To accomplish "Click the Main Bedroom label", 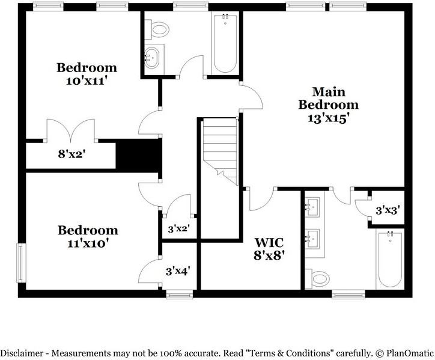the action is click(x=329, y=98).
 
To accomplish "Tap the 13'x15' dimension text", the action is click(x=328, y=118).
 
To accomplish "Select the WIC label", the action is click(x=269, y=242).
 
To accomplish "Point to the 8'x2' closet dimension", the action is click(x=71, y=154).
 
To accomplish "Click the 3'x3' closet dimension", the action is click(x=388, y=211).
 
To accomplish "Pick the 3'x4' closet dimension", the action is click(x=178, y=271).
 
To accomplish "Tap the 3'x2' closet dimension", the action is click(x=178, y=229).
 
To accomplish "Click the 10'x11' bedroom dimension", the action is click(x=87, y=81).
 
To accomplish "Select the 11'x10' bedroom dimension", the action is click(x=88, y=243).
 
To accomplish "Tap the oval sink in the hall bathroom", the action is click(x=152, y=58).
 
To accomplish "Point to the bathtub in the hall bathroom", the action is click(x=225, y=43).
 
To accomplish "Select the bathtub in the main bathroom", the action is click(x=390, y=259).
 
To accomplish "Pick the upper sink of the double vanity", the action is click(x=312, y=207).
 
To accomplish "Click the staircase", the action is click(x=221, y=151).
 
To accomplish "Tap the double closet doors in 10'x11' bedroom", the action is click(x=71, y=130).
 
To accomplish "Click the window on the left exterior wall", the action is click(x=22, y=263).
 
